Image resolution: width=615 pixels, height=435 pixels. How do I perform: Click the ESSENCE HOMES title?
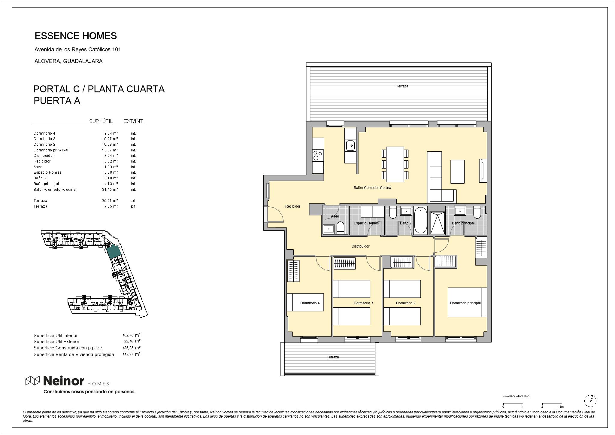tap(76, 36)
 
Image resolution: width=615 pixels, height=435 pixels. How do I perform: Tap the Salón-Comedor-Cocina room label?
tap(372, 188)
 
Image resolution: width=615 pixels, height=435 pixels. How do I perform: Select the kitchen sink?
tap(350, 146)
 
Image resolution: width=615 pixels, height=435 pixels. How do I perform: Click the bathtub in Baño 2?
tap(420, 220)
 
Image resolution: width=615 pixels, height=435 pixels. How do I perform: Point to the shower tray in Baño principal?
tap(437, 223)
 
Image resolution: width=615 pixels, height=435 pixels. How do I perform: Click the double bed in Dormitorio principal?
tap(467, 302)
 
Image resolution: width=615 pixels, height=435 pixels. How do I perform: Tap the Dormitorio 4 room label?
tap(310, 303)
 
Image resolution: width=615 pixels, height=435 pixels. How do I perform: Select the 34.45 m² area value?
tap(110, 190)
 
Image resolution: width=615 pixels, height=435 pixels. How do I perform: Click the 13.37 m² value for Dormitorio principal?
tap(110, 150)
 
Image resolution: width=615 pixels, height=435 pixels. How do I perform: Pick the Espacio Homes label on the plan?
tap(366, 223)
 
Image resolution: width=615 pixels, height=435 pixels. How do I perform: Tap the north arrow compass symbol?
tap(590, 401)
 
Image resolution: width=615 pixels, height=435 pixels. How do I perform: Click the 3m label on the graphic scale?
tap(562, 407)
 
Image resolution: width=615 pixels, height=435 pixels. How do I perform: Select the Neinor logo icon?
tap(32, 381)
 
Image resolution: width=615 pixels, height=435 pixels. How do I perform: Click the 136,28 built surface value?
tap(128, 348)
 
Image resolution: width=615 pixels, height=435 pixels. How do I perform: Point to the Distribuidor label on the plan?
tap(360, 246)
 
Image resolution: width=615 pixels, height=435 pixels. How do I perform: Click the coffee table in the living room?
tap(457, 172)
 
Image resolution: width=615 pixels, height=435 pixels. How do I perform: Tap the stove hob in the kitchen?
tap(318, 155)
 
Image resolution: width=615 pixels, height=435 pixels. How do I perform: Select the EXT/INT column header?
tap(133, 121)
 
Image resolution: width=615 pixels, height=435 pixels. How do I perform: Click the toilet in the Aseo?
tap(341, 228)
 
